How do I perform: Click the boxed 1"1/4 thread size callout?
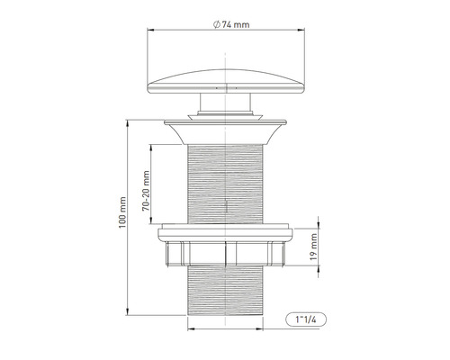click(303, 319)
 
